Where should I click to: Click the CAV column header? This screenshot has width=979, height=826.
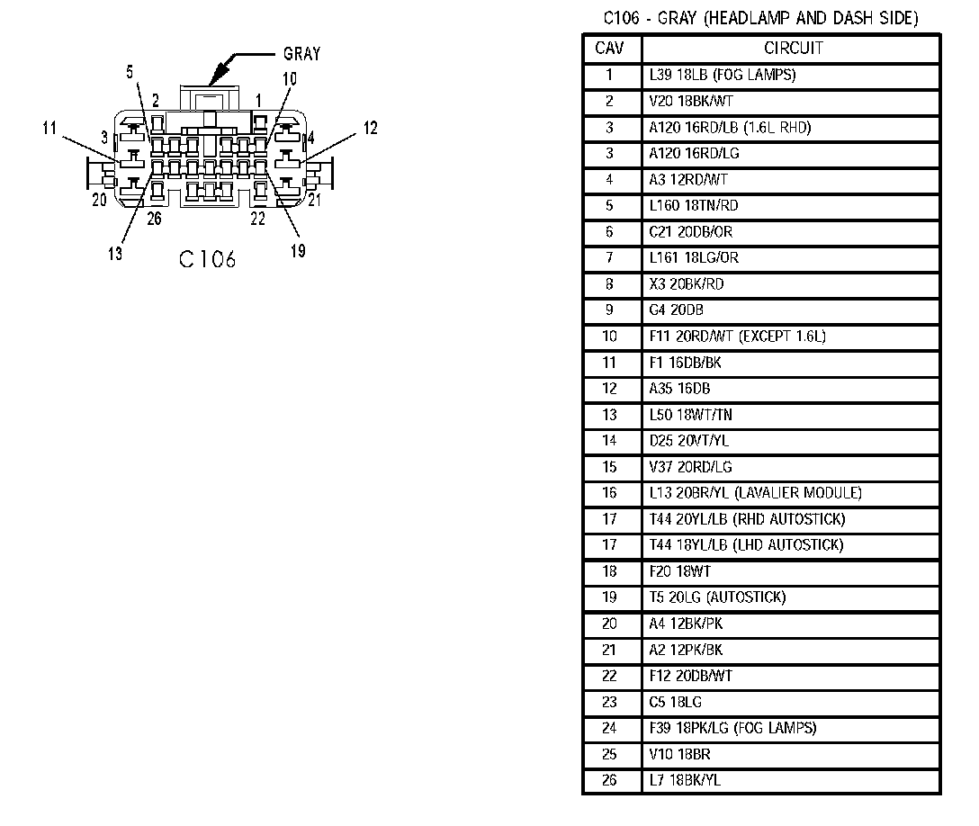[609, 48]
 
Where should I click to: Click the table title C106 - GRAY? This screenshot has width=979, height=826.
[760, 18]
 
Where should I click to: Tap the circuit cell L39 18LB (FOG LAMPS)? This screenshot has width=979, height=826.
[722, 75]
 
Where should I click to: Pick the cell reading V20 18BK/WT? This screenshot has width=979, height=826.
[690, 102]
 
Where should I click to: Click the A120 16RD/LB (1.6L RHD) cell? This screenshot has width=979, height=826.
[730, 128]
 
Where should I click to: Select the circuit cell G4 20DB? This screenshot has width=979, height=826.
[676, 310]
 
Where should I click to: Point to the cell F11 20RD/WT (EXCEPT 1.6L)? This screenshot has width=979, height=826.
[737, 337]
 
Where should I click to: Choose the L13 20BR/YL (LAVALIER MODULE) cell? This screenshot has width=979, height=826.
[755, 493]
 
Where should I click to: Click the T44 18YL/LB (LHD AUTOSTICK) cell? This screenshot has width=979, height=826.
[746, 545]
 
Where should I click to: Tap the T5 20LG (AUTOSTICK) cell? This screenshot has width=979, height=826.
[717, 597]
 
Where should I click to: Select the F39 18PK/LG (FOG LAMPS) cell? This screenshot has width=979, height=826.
[732, 728]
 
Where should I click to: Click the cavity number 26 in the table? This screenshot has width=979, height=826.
[609, 780]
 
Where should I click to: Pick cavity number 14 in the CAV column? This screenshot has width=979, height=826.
[609, 441]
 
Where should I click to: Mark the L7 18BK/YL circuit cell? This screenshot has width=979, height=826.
[685, 780]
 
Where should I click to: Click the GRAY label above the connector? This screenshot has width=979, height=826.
[301, 54]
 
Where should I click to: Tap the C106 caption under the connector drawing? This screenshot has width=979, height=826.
[207, 260]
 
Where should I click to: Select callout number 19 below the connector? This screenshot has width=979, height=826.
[298, 250]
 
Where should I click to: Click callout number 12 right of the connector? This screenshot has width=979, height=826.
[370, 128]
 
